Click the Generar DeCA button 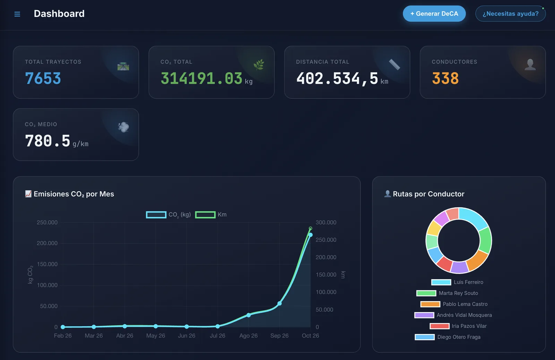(x=434, y=14)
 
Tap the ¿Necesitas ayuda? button (x=510, y=14)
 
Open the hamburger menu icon (x=17, y=14)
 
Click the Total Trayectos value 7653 (x=43, y=78)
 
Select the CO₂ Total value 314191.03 (x=201, y=78)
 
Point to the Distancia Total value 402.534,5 (x=337, y=79)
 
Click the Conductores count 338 (x=445, y=78)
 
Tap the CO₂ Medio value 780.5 (x=48, y=141)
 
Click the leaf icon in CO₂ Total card (x=259, y=65)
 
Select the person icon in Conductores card (x=530, y=65)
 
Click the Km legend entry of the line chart (x=211, y=215)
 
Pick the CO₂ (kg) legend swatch (x=156, y=215)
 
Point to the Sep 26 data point (x=280, y=303)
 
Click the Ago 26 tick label (x=248, y=335)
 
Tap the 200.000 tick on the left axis (x=47, y=243)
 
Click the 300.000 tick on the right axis (x=326, y=222)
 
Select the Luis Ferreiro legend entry (x=457, y=282)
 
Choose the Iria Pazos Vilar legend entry (x=458, y=326)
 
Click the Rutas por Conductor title (x=428, y=194)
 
